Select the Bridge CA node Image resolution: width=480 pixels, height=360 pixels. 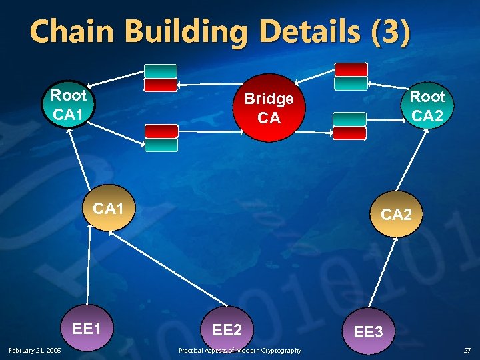[x=269, y=108]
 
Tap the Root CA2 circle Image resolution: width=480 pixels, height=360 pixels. [x=427, y=106]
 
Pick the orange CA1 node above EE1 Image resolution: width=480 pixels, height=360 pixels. [x=109, y=210]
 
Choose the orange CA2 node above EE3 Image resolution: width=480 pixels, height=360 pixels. [x=397, y=215]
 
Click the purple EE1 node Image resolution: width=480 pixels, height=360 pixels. [x=87, y=329]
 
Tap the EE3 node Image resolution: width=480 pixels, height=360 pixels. [x=368, y=331]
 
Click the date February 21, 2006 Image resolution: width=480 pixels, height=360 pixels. [x=35, y=351]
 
